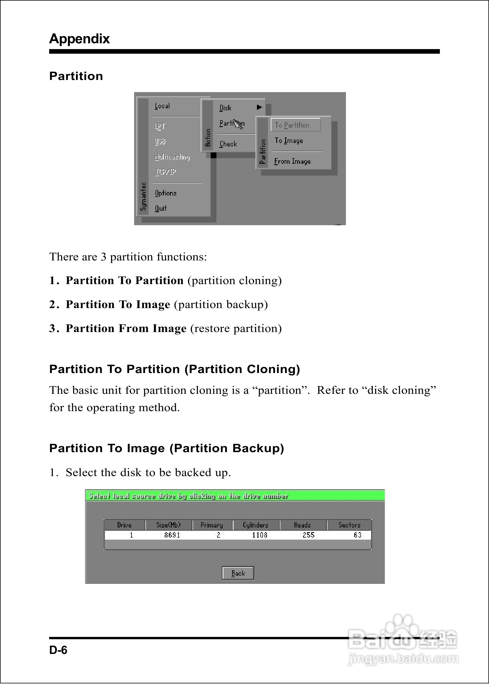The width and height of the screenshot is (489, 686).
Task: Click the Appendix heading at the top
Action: point(79,39)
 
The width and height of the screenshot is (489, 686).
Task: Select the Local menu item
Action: point(162,106)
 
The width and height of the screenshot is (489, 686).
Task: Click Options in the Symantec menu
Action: point(166,193)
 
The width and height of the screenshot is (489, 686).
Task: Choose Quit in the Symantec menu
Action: point(161,208)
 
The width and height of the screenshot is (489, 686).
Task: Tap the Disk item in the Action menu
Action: point(225,108)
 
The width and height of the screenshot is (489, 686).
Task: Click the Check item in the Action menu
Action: point(228,144)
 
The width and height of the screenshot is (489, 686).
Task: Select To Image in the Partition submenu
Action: point(289,141)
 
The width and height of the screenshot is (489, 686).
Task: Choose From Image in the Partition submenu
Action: point(292,161)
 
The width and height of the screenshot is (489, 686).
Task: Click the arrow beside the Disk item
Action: point(259,107)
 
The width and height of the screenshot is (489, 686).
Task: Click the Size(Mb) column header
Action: point(168,525)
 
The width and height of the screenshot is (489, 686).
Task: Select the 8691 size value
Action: point(172,535)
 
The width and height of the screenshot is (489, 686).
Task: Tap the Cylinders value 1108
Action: point(260,535)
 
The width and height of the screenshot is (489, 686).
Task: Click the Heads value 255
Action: point(309,535)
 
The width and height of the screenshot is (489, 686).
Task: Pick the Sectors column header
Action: point(349,525)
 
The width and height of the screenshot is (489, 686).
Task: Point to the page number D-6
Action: point(58,650)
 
